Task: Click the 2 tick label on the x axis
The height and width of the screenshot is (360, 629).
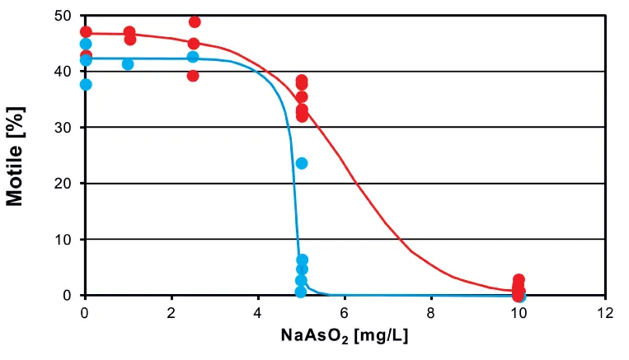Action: pos(171,313)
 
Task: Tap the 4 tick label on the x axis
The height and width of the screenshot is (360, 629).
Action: pos(258,313)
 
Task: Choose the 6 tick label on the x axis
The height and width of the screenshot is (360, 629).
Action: pos(345,313)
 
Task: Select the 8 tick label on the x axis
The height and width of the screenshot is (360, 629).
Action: pos(431,313)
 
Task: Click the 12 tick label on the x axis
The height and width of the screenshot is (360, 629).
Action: pos(604,313)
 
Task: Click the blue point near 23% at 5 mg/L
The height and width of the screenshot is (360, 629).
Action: pos(302,163)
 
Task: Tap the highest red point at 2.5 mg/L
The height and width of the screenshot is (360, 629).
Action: pos(195,21)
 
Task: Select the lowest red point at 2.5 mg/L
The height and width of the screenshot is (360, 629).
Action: pos(193,76)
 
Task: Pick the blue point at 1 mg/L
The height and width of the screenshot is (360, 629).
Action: pos(128,64)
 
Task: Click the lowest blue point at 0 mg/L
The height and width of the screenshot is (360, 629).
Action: pos(86,84)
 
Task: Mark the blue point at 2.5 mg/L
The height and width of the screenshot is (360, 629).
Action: pos(193,57)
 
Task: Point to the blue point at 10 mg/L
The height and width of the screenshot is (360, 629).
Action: pos(519,296)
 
